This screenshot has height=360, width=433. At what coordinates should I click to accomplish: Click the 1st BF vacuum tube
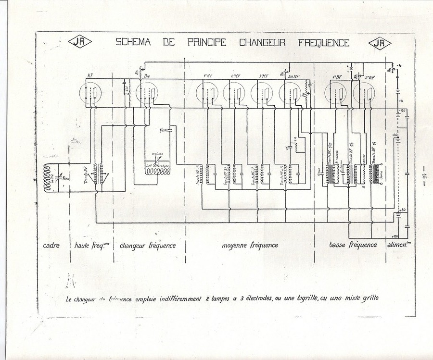(337, 94)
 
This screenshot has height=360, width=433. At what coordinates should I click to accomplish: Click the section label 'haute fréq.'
(90, 245)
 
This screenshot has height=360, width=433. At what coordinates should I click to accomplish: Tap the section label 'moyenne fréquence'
(250, 245)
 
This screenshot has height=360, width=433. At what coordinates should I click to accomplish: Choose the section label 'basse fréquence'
(353, 245)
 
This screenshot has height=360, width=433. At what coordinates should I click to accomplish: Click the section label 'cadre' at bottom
(52, 245)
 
